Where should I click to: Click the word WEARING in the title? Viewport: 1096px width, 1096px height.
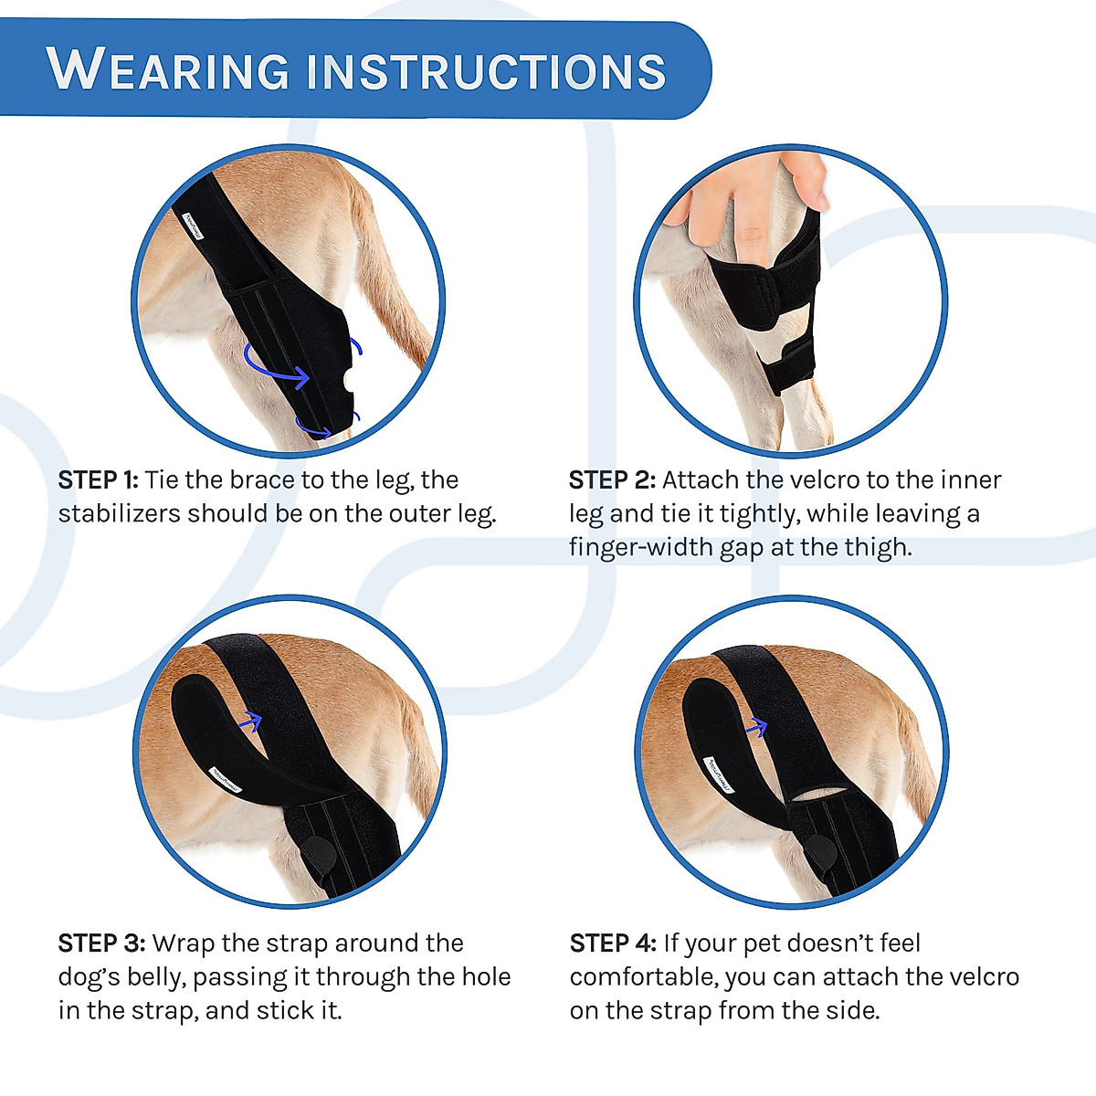[x=169, y=70]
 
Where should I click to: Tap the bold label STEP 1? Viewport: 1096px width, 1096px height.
[x=98, y=480]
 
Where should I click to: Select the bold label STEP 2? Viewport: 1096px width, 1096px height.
[x=612, y=480]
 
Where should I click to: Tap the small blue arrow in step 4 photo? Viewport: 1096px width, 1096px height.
[x=755, y=728]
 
